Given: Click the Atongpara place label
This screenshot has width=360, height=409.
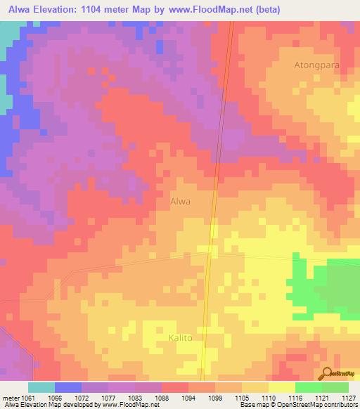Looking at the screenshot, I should pos(316,65).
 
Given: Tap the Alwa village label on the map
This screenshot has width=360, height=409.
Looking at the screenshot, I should pos(181,201).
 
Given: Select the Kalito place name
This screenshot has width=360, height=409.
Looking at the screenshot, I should pos(180,338).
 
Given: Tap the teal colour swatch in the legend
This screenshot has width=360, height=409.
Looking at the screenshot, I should pos(41,387).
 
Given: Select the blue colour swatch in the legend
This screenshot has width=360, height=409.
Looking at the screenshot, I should pos(68,387).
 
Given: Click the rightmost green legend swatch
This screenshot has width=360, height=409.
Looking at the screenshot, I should pos(335,387).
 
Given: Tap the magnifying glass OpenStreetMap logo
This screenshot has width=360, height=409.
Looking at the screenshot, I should pos(327,374).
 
